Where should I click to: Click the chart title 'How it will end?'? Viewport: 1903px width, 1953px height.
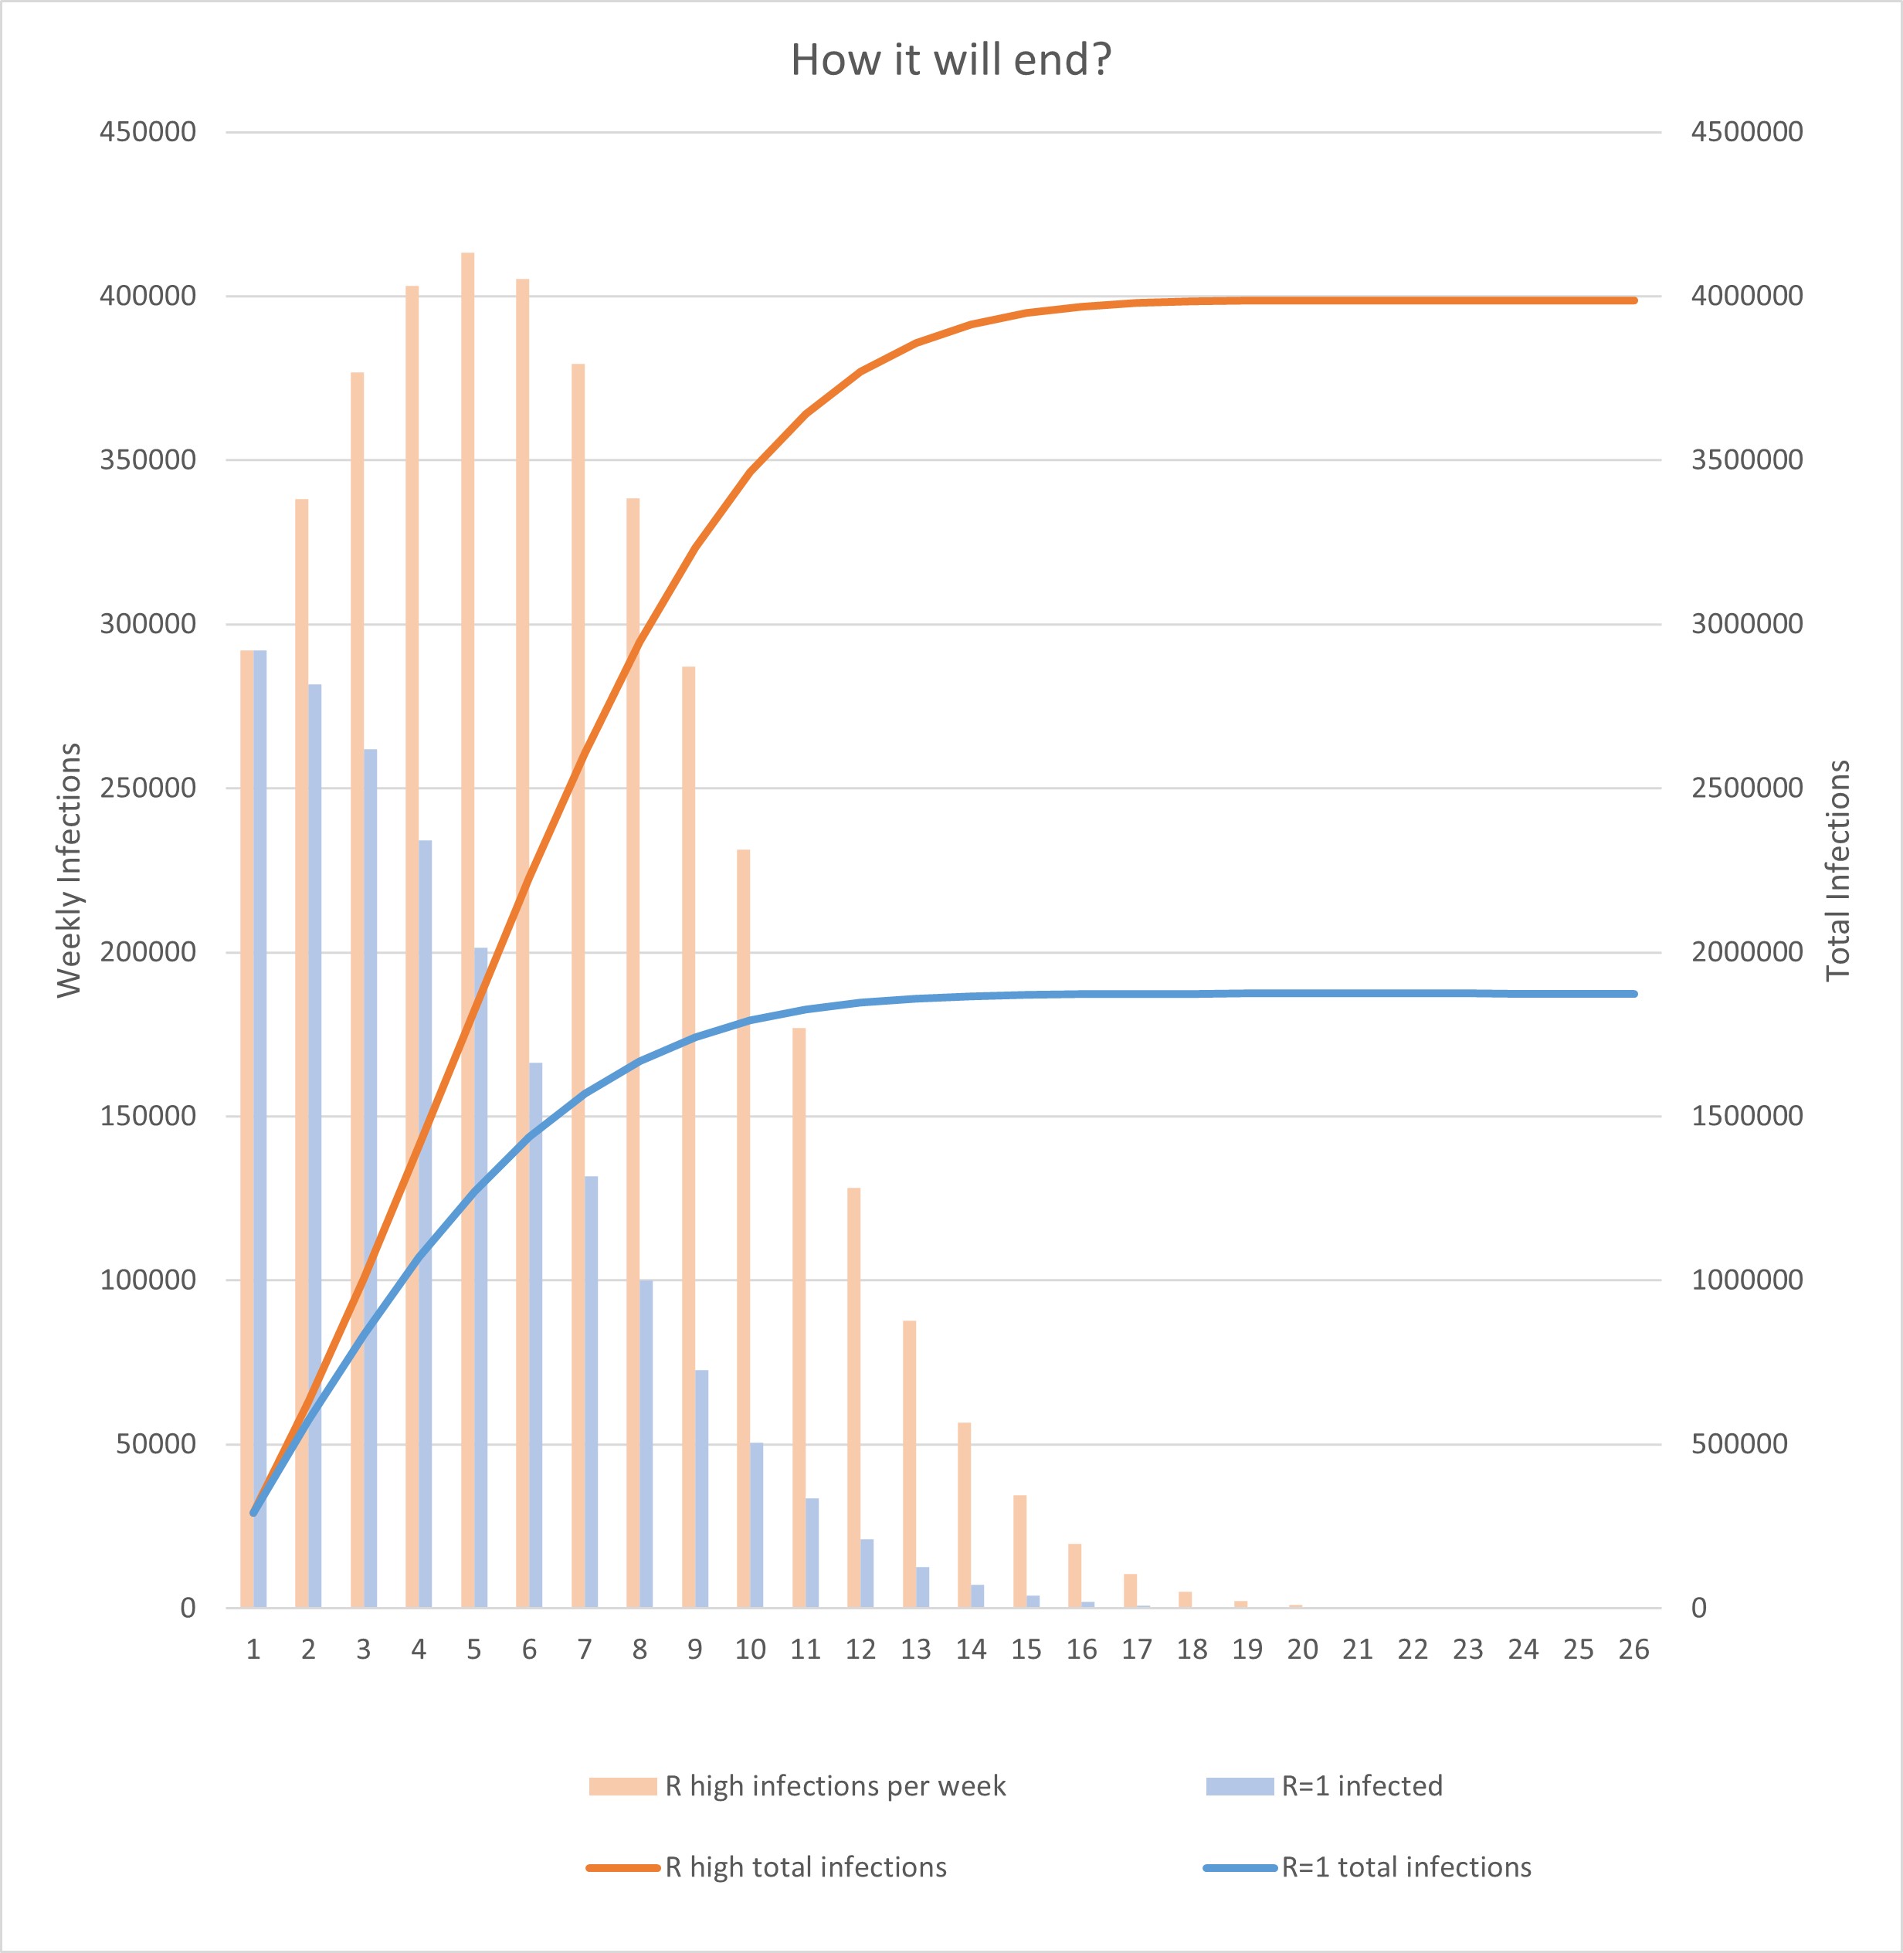951,60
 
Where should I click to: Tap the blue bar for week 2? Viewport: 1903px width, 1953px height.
315,1145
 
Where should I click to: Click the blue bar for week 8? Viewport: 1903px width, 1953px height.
646,1443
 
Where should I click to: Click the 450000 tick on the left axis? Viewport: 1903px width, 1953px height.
148,132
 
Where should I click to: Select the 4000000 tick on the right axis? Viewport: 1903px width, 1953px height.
1747,296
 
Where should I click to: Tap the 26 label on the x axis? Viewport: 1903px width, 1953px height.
1633,1650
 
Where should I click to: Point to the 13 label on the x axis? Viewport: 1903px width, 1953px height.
915,1650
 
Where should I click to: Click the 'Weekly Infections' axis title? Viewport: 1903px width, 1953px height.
68,870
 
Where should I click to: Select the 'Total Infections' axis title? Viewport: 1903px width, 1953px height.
1838,870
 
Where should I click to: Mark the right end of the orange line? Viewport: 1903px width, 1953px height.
1634,300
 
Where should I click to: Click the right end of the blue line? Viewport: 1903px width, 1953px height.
1634,994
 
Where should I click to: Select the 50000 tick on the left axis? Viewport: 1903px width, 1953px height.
156,1443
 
